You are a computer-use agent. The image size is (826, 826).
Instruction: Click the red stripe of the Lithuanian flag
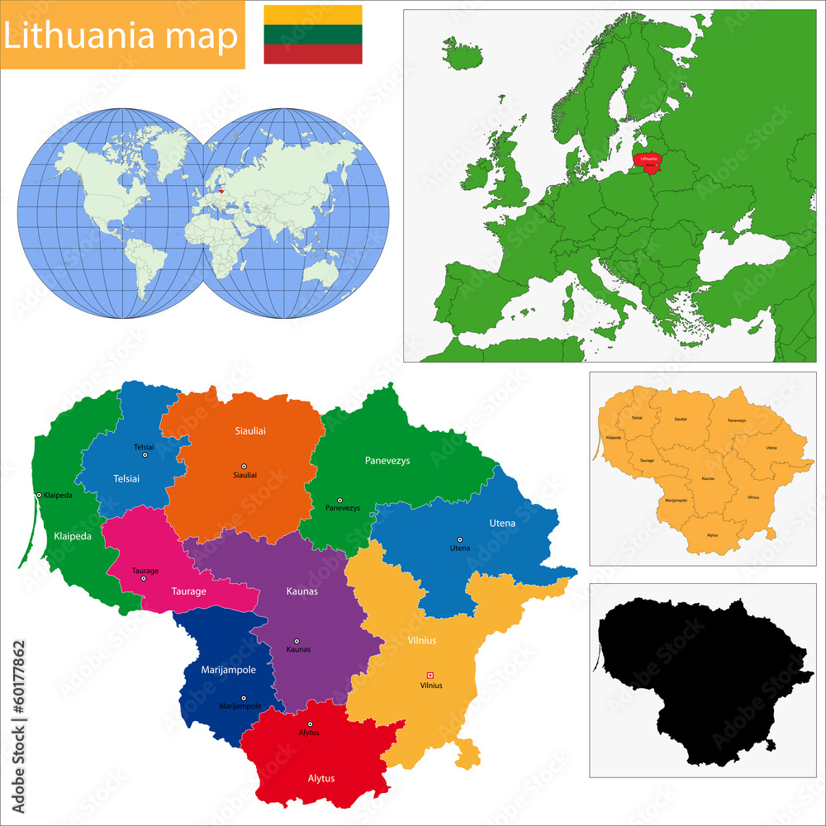pyautogui.click(x=312, y=54)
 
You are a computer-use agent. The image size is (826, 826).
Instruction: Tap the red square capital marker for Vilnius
pyautogui.click(x=430, y=675)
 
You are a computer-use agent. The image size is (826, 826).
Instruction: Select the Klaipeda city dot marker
pyautogui.click(x=39, y=495)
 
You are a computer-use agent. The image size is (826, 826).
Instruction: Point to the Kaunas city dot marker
pyautogui.click(x=297, y=641)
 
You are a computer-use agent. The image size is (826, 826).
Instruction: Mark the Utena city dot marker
pyautogui.click(x=460, y=539)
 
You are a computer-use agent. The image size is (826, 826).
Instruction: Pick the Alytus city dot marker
pyautogui.click(x=311, y=724)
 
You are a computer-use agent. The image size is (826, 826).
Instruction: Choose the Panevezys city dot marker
pyautogui.click(x=339, y=500)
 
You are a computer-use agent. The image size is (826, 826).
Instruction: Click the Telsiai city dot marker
pyautogui.click(x=145, y=455)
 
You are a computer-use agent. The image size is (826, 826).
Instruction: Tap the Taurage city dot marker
pyautogui.click(x=144, y=578)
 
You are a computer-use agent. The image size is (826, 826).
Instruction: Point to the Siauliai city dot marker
pyautogui.click(x=244, y=466)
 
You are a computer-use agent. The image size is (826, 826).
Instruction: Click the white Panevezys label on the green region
pyautogui.click(x=387, y=460)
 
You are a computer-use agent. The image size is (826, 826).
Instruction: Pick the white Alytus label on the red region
pyautogui.click(x=321, y=778)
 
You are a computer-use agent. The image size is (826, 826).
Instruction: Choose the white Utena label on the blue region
pyautogui.click(x=501, y=523)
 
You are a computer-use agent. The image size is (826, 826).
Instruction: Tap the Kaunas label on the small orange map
pyautogui.click(x=708, y=478)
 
